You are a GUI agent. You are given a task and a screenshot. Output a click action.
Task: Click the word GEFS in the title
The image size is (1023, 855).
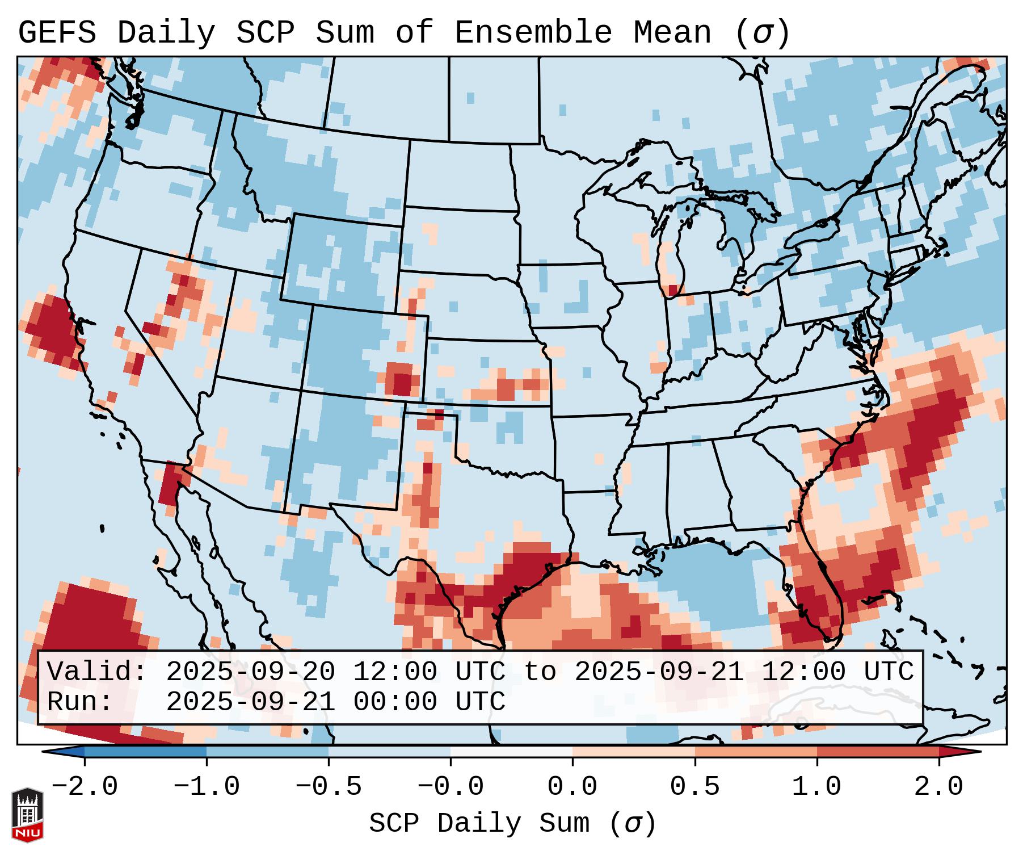coord(57,33)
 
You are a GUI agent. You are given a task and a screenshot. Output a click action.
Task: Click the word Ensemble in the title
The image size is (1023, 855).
coord(533,33)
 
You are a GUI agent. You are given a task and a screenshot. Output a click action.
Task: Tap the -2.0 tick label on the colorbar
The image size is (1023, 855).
coord(85,787)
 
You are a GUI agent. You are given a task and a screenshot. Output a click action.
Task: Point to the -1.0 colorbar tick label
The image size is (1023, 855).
coord(207,787)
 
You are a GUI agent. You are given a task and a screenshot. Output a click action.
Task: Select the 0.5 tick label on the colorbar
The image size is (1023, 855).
coord(695,787)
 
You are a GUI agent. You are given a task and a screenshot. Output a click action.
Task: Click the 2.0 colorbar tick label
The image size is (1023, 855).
coord(939,787)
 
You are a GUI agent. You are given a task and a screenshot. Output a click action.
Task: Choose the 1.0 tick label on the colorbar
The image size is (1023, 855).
coord(817,787)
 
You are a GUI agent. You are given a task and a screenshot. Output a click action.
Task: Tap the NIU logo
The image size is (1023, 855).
coord(27,815)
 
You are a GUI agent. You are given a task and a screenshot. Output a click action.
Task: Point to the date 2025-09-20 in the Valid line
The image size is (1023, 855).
coord(250,672)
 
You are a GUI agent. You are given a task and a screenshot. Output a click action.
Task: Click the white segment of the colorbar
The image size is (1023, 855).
coord(511,752)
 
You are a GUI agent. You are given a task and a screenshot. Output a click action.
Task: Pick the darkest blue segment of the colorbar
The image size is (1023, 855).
coord(145,752)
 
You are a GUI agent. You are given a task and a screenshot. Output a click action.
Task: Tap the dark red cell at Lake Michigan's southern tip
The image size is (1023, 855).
coord(673,291)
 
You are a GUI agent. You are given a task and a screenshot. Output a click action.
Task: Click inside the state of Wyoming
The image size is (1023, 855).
coord(340,261)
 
